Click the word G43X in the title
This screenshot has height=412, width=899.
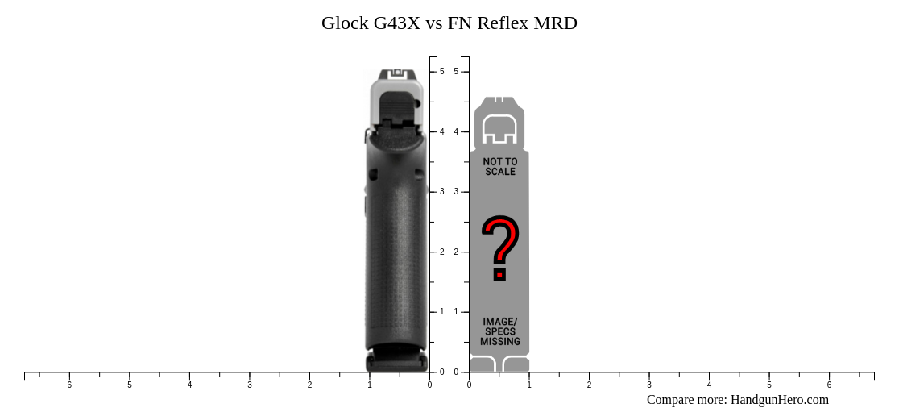coord(396,23)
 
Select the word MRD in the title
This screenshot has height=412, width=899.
coord(555,23)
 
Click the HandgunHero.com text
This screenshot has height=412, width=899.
coord(779,400)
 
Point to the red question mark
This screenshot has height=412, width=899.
coord(500,247)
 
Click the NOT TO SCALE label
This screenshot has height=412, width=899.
coord(500,167)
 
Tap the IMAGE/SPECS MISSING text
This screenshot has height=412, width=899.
coord(500,331)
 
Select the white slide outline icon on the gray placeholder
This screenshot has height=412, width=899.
coord(499,129)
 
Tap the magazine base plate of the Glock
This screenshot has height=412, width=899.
coord(396,361)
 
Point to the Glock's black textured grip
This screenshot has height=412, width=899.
coord(396,242)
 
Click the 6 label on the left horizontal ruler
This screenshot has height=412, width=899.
coord(69,385)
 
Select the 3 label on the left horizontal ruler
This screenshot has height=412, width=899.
coord(250,385)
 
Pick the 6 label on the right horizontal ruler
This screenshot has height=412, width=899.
coord(829,385)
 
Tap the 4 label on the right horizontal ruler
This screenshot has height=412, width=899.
coord(709,385)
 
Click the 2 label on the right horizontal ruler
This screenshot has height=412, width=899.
coord(589,385)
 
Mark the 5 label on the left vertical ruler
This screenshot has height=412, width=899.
coord(441,72)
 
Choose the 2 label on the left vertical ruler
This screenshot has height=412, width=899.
coord(441,252)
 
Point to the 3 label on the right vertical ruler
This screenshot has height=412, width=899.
coord(456,192)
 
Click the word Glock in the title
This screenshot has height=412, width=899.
coord(345,23)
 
